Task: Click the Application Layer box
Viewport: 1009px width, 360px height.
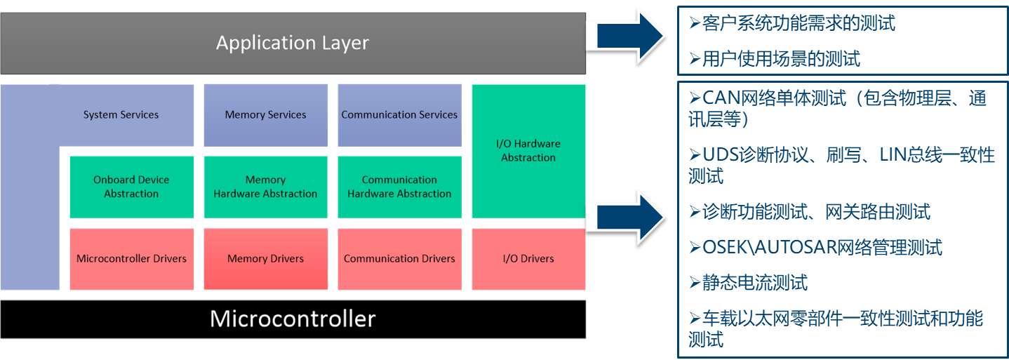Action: tap(293, 43)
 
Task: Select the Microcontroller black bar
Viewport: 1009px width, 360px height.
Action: tap(293, 319)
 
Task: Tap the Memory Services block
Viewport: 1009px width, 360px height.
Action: tap(265, 115)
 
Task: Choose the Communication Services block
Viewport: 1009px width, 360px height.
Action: tap(399, 115)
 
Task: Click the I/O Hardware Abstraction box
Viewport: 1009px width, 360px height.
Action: tap(528, 151)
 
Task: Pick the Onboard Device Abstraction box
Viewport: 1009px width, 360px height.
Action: tap(131, 187)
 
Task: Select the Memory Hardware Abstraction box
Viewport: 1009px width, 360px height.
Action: tap(265, 187)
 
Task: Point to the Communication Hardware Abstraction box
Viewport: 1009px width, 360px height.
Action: tap(399, 187)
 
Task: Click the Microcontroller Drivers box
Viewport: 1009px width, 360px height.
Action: tap(131, 259)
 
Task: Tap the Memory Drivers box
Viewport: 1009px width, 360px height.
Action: tap(265, 259)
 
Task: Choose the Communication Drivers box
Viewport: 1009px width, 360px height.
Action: tap(399, 259)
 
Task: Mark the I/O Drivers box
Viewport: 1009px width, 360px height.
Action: tap(528, 259)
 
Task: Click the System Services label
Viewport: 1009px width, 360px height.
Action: tap(121, 115)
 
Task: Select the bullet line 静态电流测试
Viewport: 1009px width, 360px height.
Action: tap(754, 283)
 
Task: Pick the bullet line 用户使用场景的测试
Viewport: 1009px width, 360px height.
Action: tap(780, 59)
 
